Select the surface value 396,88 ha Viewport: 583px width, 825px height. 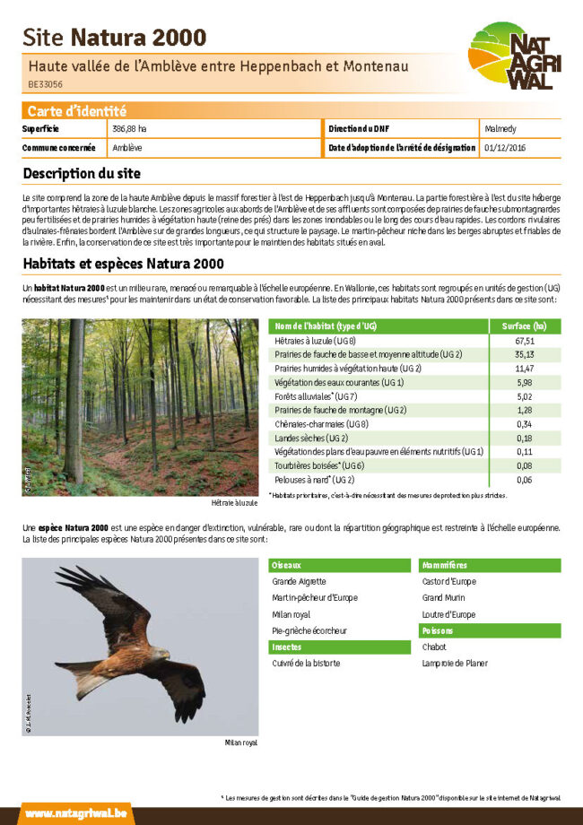click(130, 128)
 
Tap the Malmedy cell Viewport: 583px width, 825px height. click(500, 128)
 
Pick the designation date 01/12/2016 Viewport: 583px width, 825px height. click(505, 147)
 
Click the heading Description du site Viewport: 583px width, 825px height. click(82, 173)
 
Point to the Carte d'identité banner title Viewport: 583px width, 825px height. click(76, 111)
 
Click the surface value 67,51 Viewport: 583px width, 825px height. click(525, 341)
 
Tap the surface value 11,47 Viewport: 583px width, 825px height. click(525, 369)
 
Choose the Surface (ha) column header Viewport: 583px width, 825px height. click(524, 326)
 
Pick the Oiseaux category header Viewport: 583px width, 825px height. click(287, 565)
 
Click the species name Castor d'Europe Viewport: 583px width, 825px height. click(448, 581)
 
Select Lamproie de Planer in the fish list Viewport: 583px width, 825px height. click(455, 664)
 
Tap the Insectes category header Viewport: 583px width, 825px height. click(287, 647)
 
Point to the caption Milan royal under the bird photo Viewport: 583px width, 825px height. click(240, 743)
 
